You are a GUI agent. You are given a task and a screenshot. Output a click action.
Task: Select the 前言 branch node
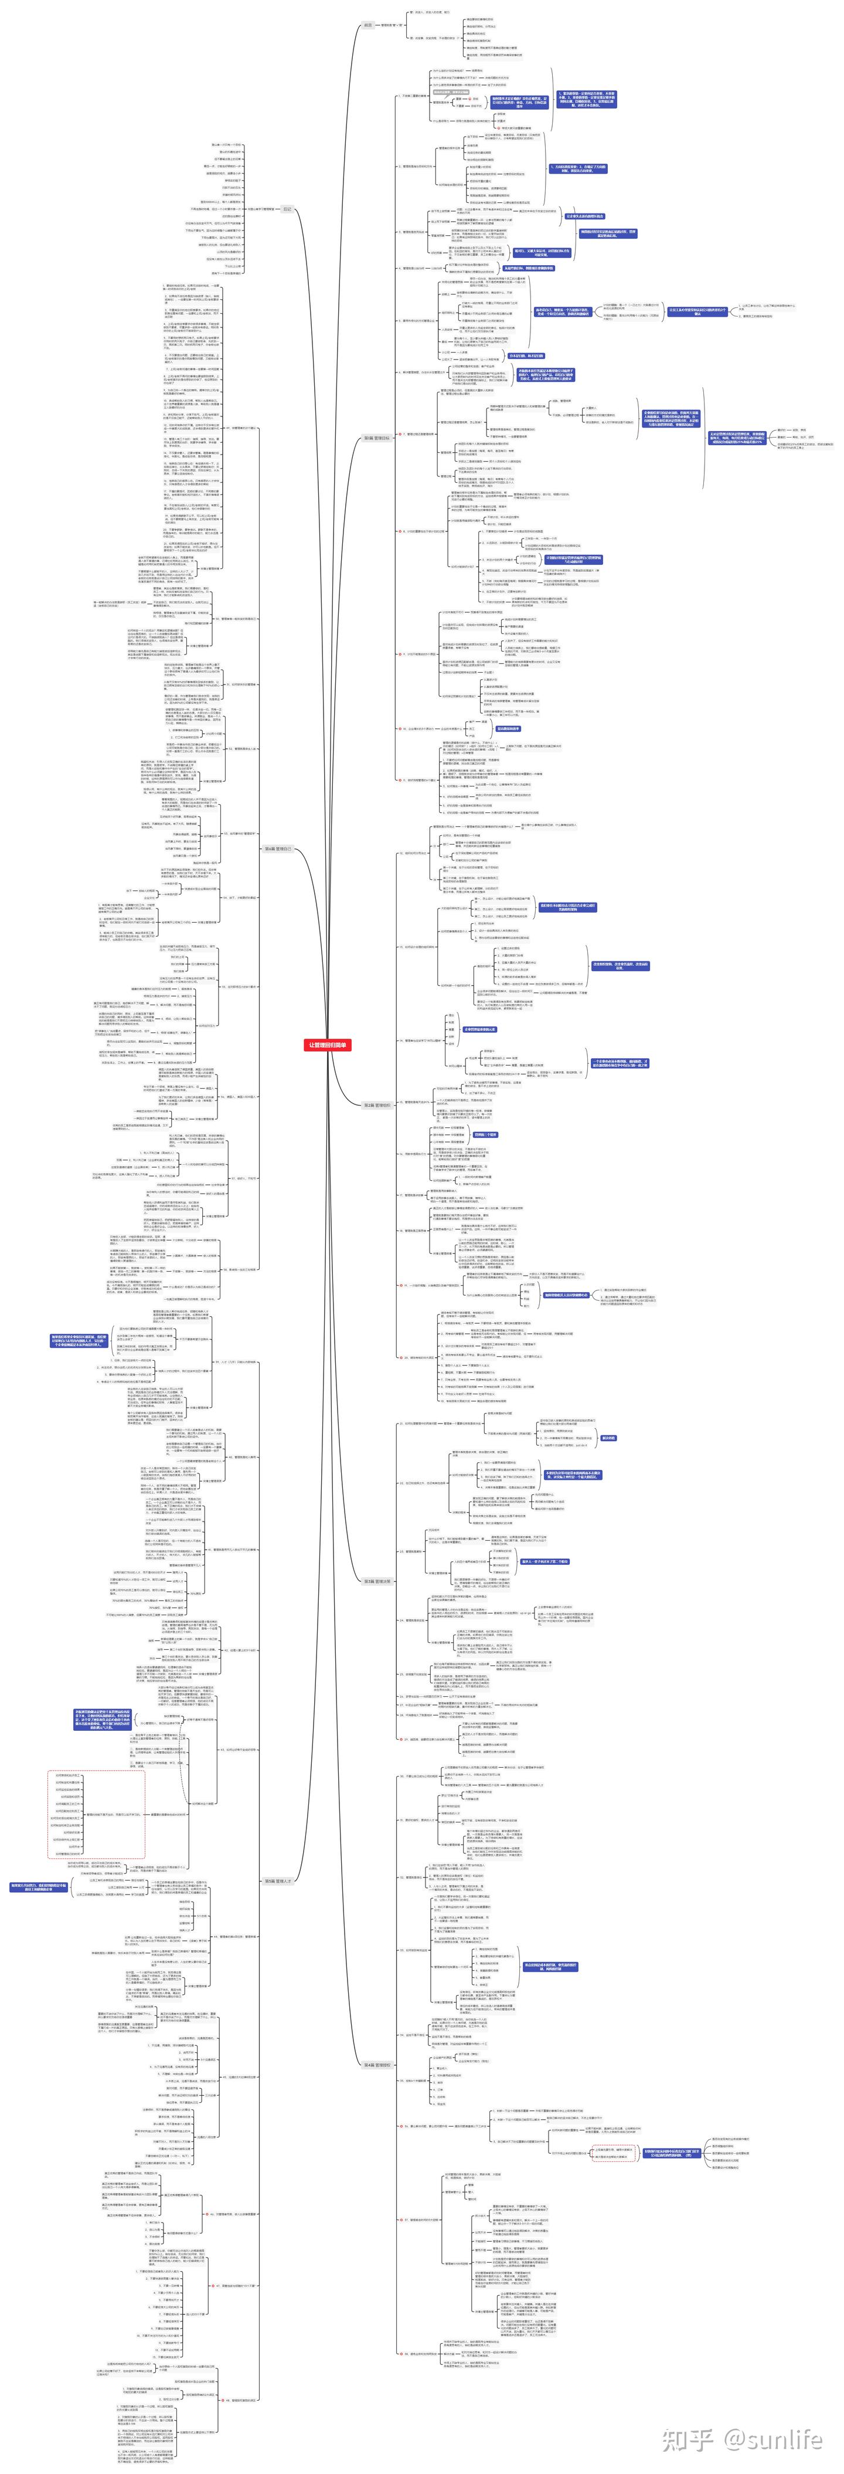[367, 25]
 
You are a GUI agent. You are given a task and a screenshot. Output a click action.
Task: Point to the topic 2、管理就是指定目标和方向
[416, 166]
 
